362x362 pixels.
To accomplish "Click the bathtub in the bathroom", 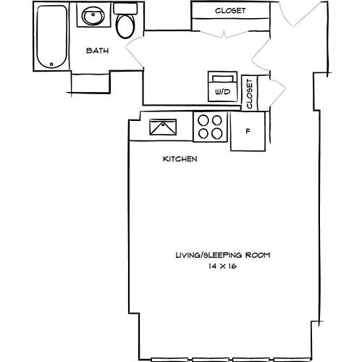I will click(52, 38).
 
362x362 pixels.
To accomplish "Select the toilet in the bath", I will click(125, 25).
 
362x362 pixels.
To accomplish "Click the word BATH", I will click(97, 51).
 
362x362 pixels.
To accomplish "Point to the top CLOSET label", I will click(230, 11).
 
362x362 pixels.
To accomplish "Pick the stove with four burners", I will click(211, 127).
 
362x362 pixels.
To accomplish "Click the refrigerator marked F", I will click(248, 132).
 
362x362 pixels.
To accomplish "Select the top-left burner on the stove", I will click(205, 122).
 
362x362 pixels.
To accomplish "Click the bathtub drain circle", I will click(52, 63).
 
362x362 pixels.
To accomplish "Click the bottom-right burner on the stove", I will click(216, 133).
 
